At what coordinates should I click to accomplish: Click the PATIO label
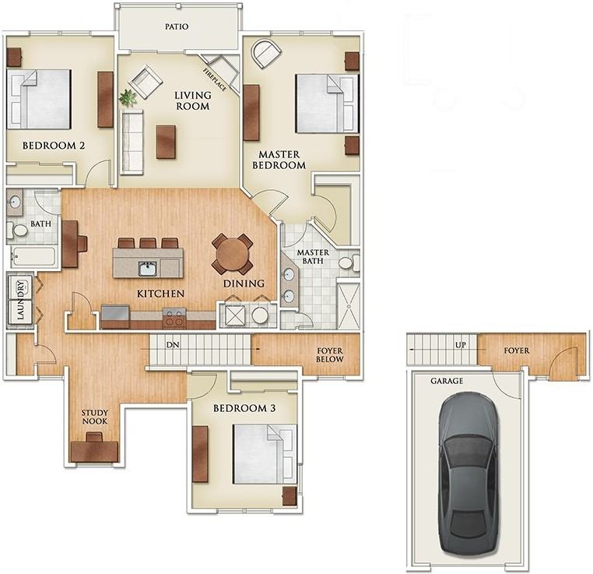click(177, 26)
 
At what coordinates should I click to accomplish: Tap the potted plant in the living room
click(128, 97)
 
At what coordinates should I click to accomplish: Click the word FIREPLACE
click(215, 80)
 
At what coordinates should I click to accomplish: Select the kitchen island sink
click(148, 269)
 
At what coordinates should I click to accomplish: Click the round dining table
click(232, 254)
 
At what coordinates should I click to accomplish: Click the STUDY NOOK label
click(94, 417)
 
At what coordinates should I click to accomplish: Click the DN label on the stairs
click(173, 345)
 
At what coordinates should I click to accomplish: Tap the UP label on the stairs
click(461, 345)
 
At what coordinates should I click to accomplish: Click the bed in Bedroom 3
click(265, 454)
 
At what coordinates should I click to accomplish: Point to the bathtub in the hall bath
click(33, 256)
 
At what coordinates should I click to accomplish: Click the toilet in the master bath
click(349, 262)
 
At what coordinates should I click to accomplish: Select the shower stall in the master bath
click(349, 305)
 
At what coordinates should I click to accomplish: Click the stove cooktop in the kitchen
click(174, 318)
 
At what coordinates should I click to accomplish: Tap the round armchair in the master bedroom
click(267, 53)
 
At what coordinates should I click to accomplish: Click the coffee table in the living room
click(166, 142)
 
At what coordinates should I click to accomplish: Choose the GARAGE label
click(447, 381)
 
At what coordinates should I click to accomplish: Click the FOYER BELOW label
click(330, 355)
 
